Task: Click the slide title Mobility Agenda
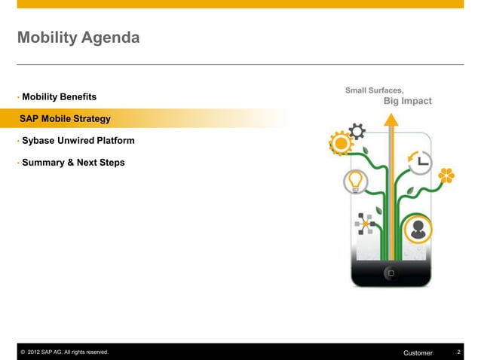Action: click(x=78, y=37)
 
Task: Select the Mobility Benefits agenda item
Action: click(x=59, y=97)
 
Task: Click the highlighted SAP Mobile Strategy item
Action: click(x=66, y=119)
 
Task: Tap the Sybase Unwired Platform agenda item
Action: click(x=78, y=141)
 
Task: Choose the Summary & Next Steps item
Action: click(x=73, y=163)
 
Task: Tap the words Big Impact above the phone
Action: click(x=407, y=101)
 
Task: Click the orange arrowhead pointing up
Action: click(x=391, y=120)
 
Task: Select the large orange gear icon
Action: click(x=341, y=143)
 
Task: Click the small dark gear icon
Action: click(x=357, y=132)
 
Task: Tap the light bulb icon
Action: click(x=354, y=181)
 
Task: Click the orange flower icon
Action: click(x=446, y=176)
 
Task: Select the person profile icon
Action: click(x=418, y=229)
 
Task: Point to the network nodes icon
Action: click(x=366, y=224)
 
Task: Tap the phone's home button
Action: click(x=391, y=273)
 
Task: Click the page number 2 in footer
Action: click(x=458, y=352)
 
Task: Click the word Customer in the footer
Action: click(x=418, y=352)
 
